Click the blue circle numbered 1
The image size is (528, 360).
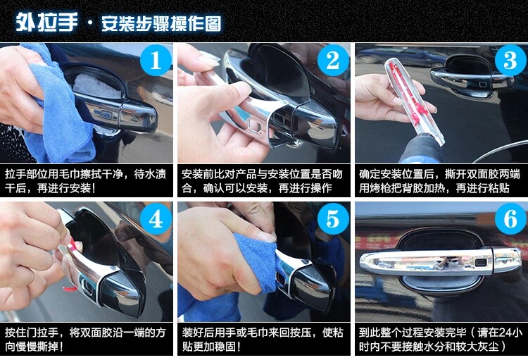156,61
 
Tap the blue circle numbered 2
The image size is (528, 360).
333,61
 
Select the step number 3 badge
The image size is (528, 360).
510,61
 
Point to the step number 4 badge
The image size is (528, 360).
156,219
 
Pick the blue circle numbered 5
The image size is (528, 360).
333,219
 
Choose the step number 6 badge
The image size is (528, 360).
510,219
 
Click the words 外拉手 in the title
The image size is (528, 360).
46,23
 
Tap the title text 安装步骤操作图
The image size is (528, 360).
161,23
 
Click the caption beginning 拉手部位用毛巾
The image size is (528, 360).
86,181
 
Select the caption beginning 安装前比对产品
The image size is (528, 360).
263,181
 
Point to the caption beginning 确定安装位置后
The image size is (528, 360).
439,181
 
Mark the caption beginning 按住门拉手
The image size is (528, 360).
85,340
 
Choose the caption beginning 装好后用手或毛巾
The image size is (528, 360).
263,340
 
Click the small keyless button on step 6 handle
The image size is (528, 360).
481,262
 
